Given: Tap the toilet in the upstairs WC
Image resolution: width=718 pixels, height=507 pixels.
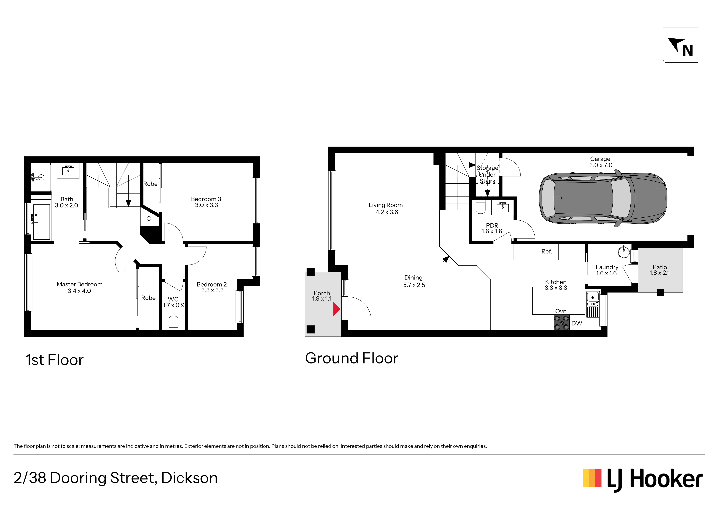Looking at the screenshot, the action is point(173,323).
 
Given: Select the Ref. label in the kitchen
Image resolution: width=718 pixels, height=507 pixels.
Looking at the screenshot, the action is point(547,251).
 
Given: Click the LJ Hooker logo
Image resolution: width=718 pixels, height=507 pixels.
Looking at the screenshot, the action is point(642,480).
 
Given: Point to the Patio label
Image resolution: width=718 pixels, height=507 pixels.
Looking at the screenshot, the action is point(659,267).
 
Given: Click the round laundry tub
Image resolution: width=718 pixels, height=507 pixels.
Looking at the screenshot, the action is point(624,252).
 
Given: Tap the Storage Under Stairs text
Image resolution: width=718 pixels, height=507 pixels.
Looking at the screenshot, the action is point(487,174).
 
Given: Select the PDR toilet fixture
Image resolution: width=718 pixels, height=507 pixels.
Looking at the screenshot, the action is point(480,207).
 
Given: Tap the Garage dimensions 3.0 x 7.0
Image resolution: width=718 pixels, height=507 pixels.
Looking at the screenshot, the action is point(601,165).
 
